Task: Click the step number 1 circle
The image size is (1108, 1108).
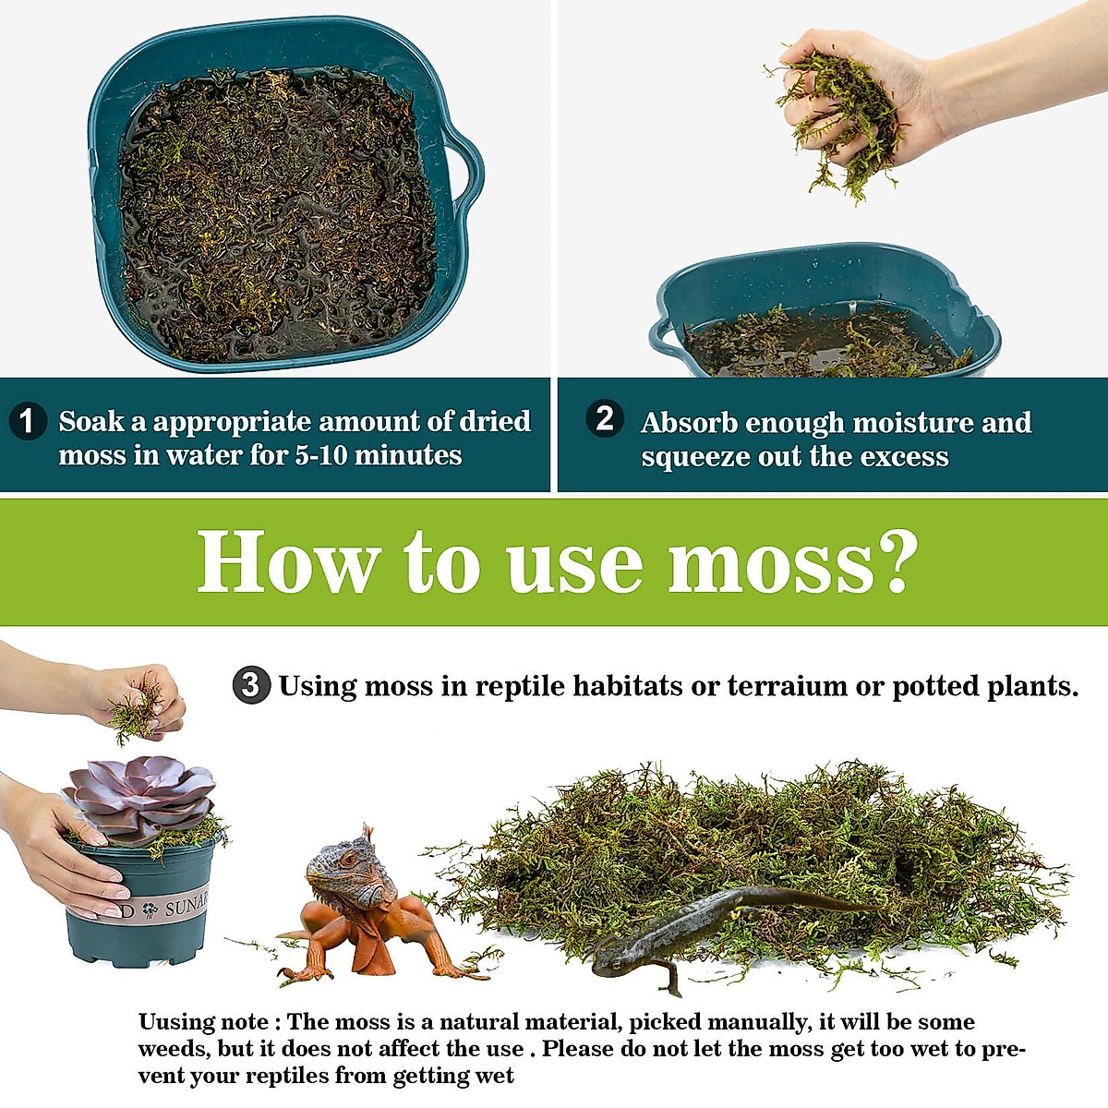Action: (x=27, y=421)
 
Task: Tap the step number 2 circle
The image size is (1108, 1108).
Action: (x=605, y=418)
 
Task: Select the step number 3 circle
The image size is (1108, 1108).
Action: (x=250, y=686)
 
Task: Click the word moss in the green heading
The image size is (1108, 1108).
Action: (x=771, y=562)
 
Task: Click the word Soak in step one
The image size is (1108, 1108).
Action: (x=90, y=422)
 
